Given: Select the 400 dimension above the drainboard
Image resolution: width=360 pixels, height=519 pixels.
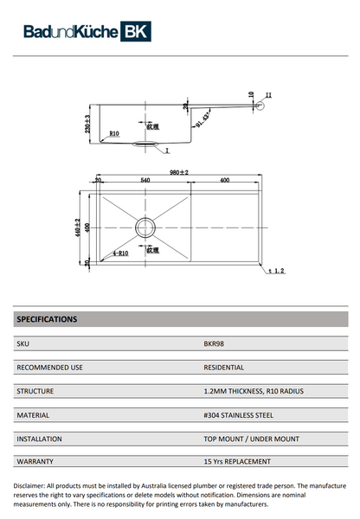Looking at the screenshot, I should click(x=224, y=181).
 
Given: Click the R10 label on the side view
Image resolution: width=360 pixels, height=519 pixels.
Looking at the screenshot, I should click(x=113, y=134).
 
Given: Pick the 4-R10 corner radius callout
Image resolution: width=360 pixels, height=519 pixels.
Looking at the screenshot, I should click(x=120, y=254).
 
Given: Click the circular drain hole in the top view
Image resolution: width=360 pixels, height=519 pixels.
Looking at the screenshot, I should click(x=145, y=227).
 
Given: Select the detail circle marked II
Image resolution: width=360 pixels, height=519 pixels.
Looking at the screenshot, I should click(x=258, y=106).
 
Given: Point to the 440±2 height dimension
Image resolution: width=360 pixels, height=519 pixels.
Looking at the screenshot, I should click(x=77, y=227).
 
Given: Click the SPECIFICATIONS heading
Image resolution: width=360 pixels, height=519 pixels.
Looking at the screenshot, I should click(x=47, y=319).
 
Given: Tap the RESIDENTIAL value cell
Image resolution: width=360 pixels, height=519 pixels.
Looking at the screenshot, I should click(x=223, y=367).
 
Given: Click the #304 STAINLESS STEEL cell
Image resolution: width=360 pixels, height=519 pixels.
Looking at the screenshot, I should click(x=235, y=414).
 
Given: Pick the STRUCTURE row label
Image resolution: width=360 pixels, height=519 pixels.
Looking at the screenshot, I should click(x=36, y=391).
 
